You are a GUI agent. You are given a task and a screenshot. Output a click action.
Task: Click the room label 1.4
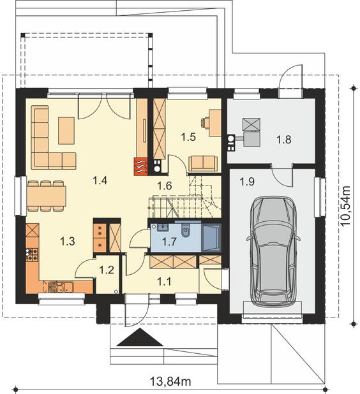point(100,180)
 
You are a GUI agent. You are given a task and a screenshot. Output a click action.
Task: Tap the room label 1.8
point(284,139)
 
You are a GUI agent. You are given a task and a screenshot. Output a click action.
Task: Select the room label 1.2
point(107,270)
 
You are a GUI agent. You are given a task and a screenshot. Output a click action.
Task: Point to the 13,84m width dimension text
point(171,381)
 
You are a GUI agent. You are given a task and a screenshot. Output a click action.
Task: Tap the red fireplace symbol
point(141,166)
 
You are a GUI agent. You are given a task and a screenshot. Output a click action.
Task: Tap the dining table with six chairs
point(47,196)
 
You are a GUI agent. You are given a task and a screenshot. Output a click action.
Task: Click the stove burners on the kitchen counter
point(32,254)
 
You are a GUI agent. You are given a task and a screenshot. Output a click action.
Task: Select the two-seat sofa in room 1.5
point(203,163)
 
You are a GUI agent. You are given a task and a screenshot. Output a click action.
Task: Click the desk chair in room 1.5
point(205,122)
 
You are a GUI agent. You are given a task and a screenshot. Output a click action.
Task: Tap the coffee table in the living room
point(66,131)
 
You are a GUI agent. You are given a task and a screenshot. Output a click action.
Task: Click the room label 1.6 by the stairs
point(165,186)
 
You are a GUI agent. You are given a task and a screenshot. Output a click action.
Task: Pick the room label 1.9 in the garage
point(247,182)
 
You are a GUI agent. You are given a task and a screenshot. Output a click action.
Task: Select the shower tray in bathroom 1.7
point(211,237)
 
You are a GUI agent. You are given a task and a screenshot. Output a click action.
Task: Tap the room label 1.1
point(164,281)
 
